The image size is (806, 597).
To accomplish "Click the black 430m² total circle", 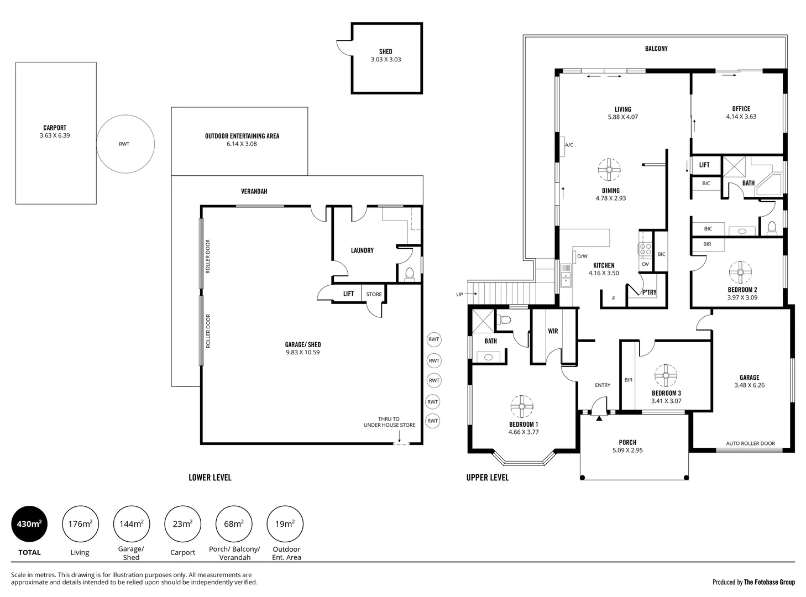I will point(29,524).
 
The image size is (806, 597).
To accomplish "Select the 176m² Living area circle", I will point(80,524).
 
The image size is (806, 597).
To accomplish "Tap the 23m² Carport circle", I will point(182,524).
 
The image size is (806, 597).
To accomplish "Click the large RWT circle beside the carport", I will point(125,144).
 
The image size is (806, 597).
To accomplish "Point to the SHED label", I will point(386,51).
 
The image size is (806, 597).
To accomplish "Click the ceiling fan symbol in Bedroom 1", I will point(521,407).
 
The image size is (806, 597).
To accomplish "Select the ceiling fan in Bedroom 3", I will point(666,375).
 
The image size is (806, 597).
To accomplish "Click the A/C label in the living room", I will point(569,145).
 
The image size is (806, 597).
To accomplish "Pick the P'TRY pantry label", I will point(649,292).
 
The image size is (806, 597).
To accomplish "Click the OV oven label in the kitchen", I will point(645,264).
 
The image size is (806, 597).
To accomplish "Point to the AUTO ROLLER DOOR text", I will point(750,443).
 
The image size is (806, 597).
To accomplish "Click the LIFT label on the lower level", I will point(348,294).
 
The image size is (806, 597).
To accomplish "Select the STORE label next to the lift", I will point(374,294).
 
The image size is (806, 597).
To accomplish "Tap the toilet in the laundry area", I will point(410,274).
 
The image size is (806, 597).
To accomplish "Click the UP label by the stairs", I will point(459,295).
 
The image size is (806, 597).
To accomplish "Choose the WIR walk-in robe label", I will point(553,331).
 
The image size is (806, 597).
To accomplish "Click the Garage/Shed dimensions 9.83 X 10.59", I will point(303,352).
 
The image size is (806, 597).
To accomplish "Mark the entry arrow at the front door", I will point(599,418).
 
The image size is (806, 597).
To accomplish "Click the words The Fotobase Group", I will point(770,582).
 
